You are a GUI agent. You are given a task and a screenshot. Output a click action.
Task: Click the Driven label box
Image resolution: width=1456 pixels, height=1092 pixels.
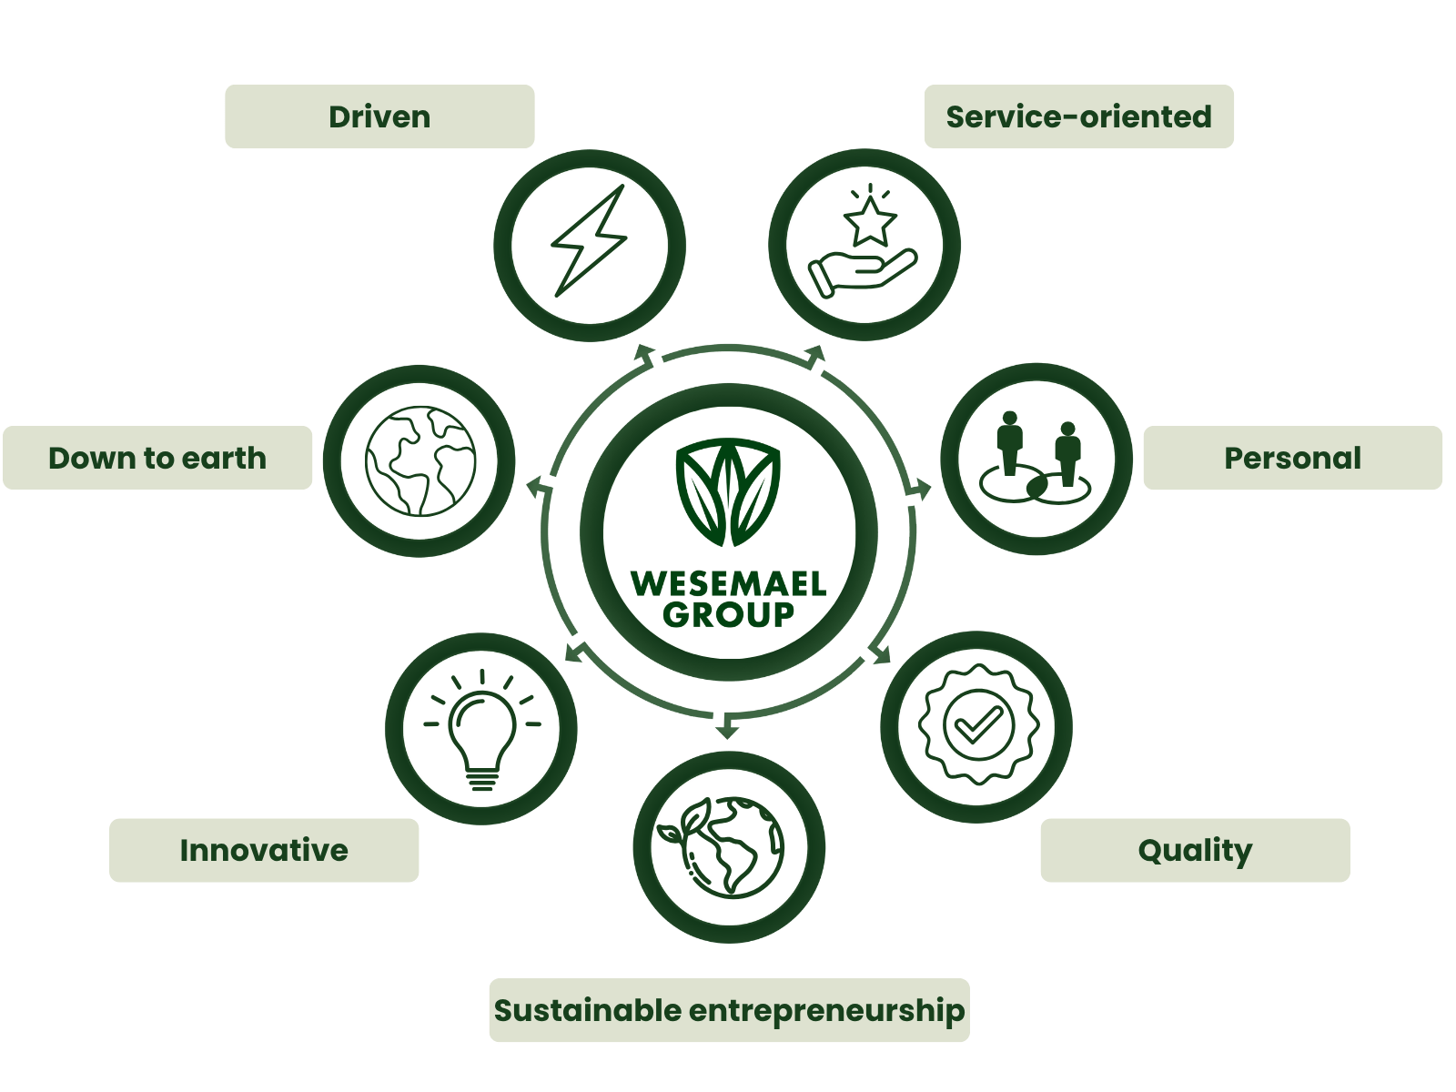pos(379,116)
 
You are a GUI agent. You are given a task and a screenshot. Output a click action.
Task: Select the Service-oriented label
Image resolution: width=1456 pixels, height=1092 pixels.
pos(1078,116)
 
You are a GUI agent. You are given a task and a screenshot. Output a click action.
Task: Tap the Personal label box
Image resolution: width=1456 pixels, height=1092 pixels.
pos(1292,458)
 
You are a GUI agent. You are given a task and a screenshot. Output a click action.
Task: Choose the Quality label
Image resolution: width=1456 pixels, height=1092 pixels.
pos(1195,850)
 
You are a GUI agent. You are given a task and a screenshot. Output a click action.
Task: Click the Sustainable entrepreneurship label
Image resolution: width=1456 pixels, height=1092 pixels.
pos(729,1010)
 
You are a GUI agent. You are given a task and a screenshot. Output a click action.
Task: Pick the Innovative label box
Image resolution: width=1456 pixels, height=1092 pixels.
pos(264,850)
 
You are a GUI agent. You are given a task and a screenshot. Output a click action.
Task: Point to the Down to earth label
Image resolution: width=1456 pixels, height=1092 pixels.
pos(157,458)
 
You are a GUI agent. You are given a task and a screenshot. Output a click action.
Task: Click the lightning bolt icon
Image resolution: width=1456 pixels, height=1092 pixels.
pos(590,241)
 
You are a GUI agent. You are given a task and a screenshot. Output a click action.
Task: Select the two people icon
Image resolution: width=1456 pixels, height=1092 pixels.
pos(1036,458)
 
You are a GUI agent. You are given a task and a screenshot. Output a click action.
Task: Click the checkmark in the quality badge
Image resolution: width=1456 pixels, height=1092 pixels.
pos(976,725)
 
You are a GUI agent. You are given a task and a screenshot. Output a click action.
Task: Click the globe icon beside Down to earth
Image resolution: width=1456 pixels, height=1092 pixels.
pos(420,460)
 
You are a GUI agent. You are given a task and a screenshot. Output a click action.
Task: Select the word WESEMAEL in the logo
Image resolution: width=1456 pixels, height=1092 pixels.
pos(728,583)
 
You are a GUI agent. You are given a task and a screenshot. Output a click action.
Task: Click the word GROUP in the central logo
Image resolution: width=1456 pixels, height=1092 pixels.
pos(728,614)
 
